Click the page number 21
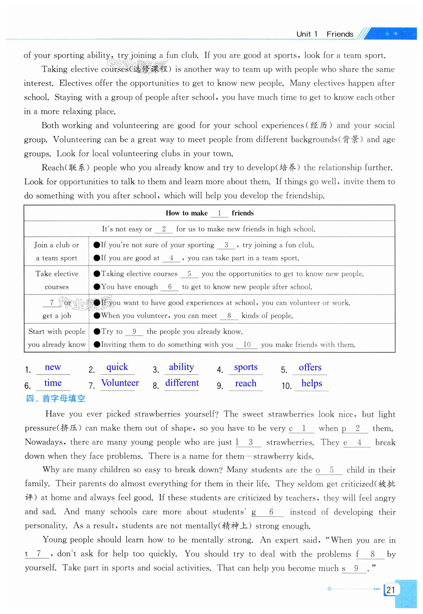tap(390, 590)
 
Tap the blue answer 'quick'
tap(117, 367)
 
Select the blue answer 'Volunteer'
tap(120, 383)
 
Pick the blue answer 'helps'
tap(312, 383)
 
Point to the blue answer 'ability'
tap(182, 367)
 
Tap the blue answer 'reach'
tap(246, 383)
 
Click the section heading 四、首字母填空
tap(55, 398)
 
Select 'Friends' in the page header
tap(340, 34)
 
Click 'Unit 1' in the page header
tap(307, 34)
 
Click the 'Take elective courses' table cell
tap(57, 280)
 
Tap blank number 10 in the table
tap(247, 344)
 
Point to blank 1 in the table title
tap(219, 213)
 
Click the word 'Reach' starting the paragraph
tap(53, 168)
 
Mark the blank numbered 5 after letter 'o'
tap(331, 470)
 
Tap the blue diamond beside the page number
tap(329, 589)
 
